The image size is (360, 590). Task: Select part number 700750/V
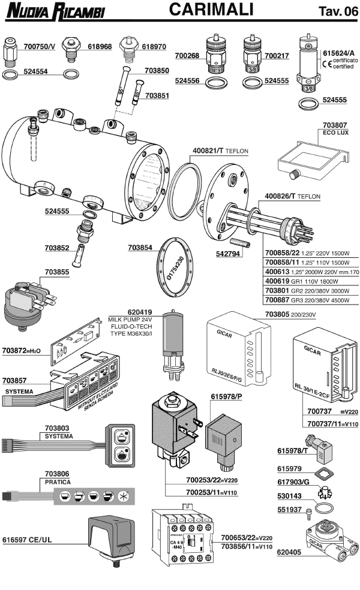click(x=39, y=46)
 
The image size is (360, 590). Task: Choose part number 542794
click(x=228, y=254)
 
